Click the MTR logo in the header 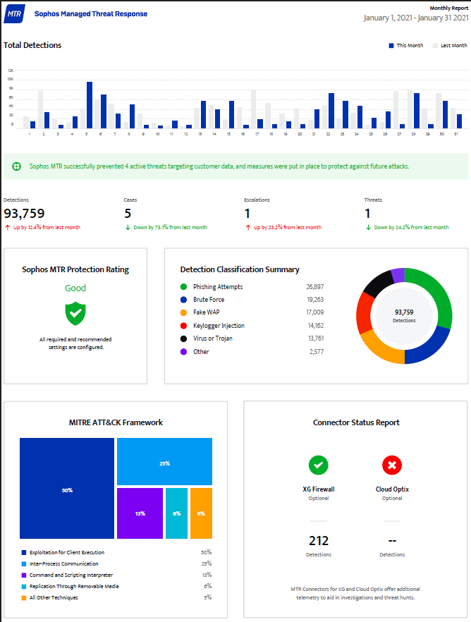[x=13, y=13]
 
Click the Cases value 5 [x=128, y=213]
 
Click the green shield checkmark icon [x=75, y=313]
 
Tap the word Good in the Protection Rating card [x=75, y=288]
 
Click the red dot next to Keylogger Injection [x=184, y=326]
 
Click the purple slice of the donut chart [x=397, y=275]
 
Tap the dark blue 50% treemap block [x=67, y=488]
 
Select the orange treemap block [x=201, y=513]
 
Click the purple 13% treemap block [x=140, y=513]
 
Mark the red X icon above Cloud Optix [x=392, y=465]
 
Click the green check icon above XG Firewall [x=319, y=465]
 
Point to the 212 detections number [x=319, y=541]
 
